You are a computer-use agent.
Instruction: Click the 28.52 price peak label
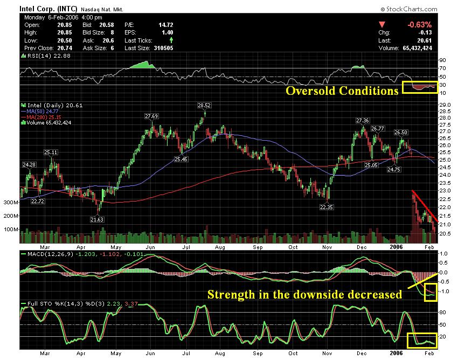(204, 106)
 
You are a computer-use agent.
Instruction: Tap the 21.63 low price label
(98, 219)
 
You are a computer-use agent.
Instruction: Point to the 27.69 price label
(151, 116)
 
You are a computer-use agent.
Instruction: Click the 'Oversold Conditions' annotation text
(342, 91)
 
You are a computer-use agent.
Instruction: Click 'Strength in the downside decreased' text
(304, 294)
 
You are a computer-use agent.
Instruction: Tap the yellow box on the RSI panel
(420, 86)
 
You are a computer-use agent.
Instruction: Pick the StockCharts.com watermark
(408, 9)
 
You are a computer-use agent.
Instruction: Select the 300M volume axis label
(10, 203)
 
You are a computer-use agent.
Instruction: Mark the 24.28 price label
(29, 164)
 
